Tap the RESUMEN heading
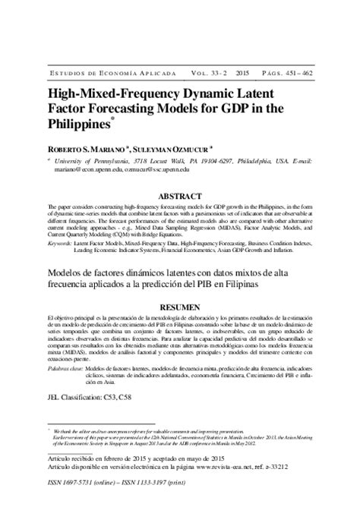click(x=180, y=300)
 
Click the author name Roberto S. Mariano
click(x=87, y=150)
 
